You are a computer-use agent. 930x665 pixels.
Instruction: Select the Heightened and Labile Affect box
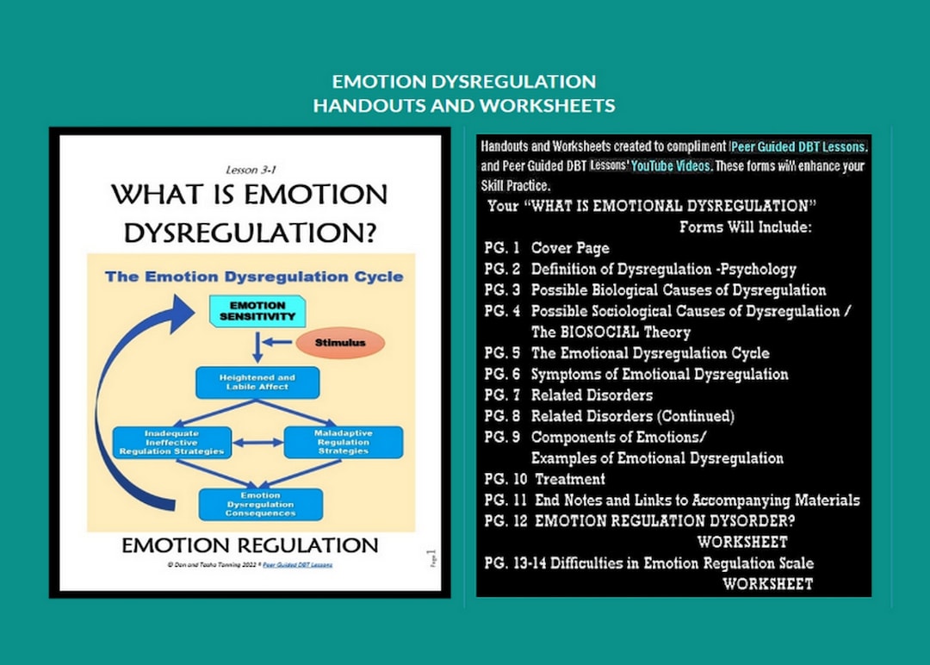(x=257, y=382)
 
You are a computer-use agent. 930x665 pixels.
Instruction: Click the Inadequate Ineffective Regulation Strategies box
(x=171, y=440)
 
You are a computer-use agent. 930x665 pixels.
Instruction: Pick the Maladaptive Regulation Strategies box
(x=344, y=440)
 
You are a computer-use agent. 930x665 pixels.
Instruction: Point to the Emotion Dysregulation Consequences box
(x=260, y=504)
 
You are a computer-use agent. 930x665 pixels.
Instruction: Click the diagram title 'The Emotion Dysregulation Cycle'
(x=253, y=277)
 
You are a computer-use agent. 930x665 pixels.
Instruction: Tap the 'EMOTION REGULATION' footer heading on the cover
(x=250, y=545)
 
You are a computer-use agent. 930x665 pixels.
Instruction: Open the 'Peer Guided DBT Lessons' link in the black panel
(x=797, y=146)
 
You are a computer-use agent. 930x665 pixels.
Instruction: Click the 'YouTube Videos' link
(x=672, y=166)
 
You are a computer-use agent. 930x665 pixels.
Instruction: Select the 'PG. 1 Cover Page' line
(x=547, y=248)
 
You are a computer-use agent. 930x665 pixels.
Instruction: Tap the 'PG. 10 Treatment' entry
(x=545, y=479)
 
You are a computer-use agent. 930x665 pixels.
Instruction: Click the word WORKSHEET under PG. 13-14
(x=766, y=584)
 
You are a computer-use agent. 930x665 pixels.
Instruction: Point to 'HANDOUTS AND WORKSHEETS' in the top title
(x=464, y=105)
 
